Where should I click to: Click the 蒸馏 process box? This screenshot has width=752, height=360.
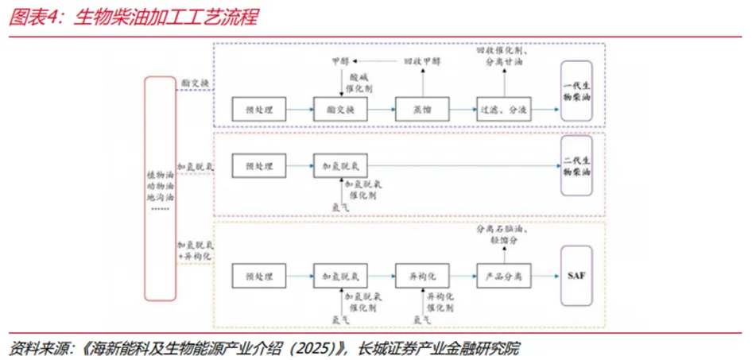point(421,109)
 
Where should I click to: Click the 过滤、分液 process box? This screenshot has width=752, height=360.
point(503,109)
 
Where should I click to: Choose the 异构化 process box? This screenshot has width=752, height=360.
point(421,275)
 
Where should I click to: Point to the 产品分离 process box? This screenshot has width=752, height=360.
point(503,275)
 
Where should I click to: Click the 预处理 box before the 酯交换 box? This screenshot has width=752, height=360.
point(259,109)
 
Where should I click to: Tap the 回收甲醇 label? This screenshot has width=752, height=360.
point(421,61)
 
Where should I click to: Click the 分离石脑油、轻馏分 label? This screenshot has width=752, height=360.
point(498,233)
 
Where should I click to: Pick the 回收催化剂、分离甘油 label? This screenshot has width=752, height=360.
point(499,56)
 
